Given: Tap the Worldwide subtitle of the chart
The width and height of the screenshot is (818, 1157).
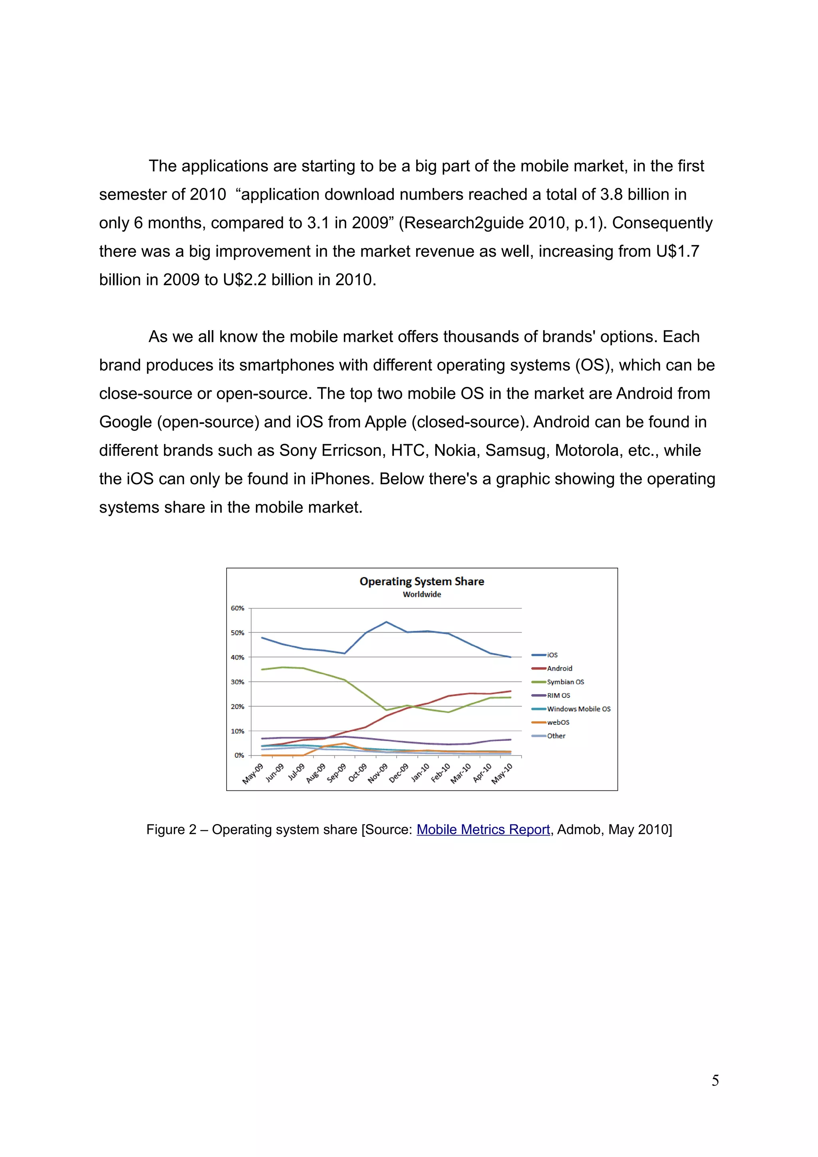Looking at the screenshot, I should coord(421,594).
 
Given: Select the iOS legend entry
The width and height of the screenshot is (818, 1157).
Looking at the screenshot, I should coord(552,655).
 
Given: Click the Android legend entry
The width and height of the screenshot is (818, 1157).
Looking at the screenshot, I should coord(560,669).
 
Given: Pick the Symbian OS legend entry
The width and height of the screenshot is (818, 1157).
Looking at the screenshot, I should coord(565,682).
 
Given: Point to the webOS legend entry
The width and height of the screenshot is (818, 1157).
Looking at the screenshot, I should coord(558,723).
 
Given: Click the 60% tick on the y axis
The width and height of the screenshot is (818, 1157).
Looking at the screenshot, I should coord(237,608).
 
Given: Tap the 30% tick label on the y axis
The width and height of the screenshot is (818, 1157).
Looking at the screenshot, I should coord(237,682).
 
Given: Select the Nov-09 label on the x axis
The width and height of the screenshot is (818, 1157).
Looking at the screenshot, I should coord(378,773).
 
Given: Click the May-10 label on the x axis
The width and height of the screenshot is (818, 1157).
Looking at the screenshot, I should coord(502,773).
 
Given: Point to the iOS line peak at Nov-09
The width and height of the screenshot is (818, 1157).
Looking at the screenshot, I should coord(386,622).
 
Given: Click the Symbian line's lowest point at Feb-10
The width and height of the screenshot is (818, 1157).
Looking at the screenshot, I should coord(448,712).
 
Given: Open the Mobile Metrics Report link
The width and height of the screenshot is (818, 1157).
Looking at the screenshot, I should coord(483,830).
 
